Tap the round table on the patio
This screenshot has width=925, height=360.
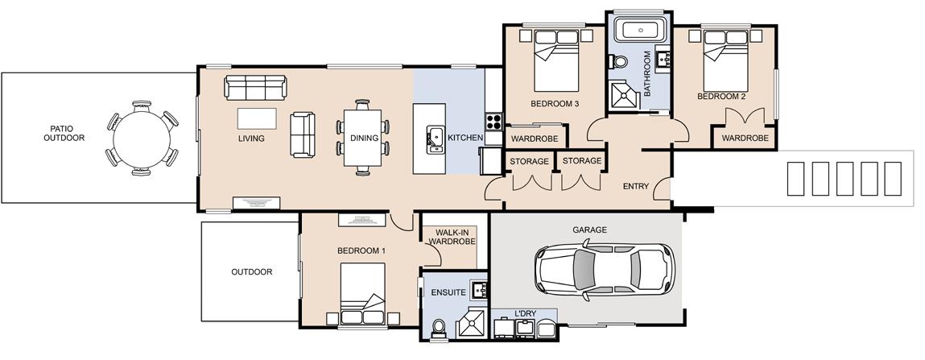click(x=142, y=139)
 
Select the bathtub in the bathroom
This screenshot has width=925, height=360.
click(x=640, y=29)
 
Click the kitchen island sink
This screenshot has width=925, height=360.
click(x=435, y=139)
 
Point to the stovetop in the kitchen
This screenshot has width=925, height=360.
click(x=493, y=122)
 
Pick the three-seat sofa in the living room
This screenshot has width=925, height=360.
click(x=255, y=87)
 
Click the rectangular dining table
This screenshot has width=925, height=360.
click(x=362, y=138)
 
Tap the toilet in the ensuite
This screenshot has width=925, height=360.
click(x=438, y=328)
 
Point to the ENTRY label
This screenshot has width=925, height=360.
click(x=636, y=187)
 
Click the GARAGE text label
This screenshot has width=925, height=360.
click(x=589, y=230)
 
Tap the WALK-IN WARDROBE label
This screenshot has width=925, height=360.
click(x=452, y=238)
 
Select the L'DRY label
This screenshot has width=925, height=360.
click(x=525, y=314)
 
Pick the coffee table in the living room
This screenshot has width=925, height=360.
click(x=257, y=118)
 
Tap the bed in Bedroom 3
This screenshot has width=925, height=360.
click(x=556, y=60)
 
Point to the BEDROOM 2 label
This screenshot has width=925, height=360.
click(x=721, y=96)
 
